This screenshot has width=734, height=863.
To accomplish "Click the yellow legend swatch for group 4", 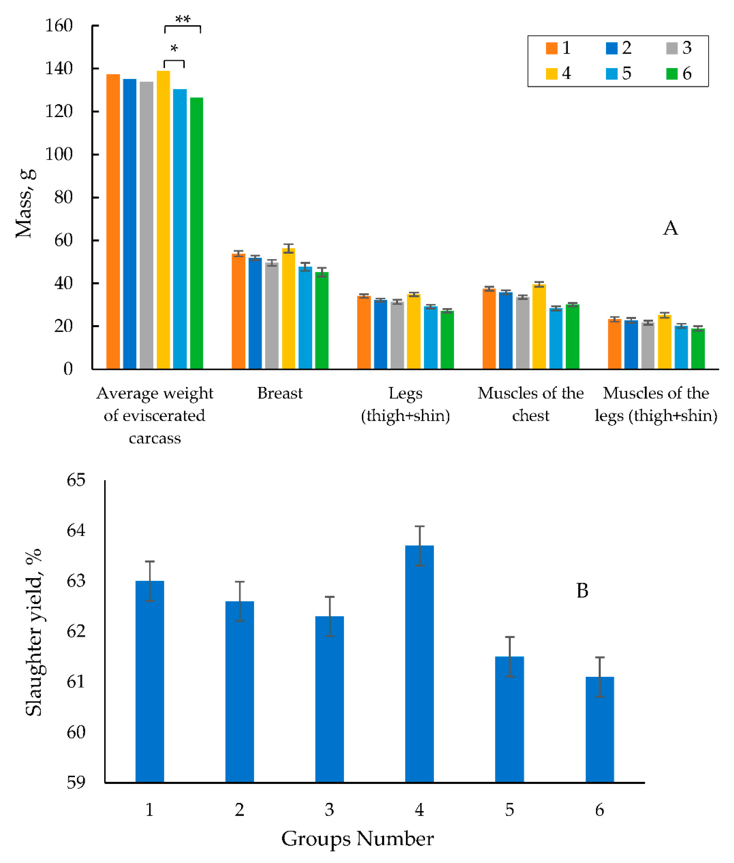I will click(x=551, y=74).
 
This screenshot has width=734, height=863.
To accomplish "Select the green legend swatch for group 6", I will click(x=672, y=74).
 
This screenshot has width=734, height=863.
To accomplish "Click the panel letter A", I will click(x=670, y=228).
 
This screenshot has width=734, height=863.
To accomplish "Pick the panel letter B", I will click(x=582, y=591).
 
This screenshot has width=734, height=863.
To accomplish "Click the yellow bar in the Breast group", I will click(x=288, y=308).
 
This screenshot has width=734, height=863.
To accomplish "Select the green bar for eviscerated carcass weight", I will click(x=196, y=233).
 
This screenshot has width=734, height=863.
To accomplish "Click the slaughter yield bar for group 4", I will click(x=419, y=665).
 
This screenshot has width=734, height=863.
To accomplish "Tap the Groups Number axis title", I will click(x=358, y=839).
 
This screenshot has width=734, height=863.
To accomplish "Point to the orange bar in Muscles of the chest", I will click(x=489, y=329).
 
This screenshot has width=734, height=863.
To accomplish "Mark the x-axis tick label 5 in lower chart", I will click(x=509, y=810).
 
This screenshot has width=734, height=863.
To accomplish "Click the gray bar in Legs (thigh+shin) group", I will click(x=397, y=335).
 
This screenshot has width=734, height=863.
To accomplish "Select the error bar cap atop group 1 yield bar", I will click(x=150, y=561).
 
